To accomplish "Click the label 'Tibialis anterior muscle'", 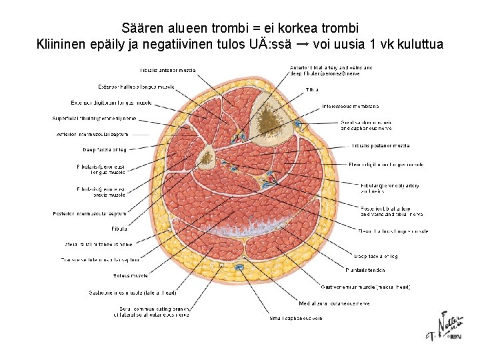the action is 168,70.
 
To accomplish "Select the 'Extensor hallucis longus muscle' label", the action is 136,87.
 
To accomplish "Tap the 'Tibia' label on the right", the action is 312,89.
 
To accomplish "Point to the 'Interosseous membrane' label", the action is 351,106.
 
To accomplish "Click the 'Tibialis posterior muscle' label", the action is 381,145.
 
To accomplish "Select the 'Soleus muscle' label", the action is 131,275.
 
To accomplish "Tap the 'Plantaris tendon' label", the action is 365,270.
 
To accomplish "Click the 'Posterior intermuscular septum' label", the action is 89,214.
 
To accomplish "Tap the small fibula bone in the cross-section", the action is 207,158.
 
